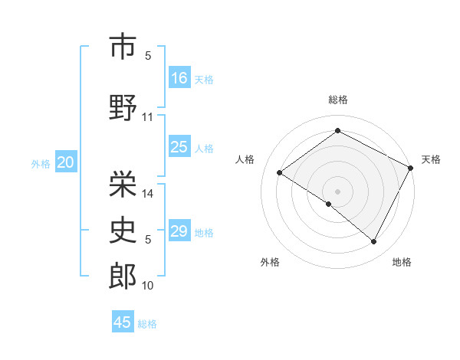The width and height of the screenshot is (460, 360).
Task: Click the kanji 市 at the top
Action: click(123, 47)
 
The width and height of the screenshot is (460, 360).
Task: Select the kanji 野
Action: click(123, 107)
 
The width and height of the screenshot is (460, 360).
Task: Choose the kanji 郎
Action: click(123, 277)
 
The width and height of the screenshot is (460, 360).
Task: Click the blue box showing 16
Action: click(179, 77)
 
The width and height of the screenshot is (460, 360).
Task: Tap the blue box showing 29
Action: click(179, 231)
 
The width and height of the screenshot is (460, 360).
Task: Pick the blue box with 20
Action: click(65, 162)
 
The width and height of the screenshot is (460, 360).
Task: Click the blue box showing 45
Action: click(123, 322)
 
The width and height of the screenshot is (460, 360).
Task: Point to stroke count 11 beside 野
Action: click(148, 117)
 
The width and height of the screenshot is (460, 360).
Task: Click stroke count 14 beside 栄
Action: click(148, 194)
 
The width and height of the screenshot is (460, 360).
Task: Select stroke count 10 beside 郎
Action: click(148, 286)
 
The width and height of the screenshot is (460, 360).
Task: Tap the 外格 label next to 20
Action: click(41, 163)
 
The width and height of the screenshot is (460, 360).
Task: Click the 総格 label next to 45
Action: click(147, 324)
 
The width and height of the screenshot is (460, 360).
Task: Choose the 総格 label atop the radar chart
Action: click(337, 100)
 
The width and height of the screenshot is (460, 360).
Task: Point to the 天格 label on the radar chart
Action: click(431, 159)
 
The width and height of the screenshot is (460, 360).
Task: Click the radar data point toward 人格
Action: click(280, 173)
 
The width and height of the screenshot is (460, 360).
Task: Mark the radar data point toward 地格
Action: click(374, 242)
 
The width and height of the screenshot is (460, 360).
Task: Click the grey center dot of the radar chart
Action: click(337, 190)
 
